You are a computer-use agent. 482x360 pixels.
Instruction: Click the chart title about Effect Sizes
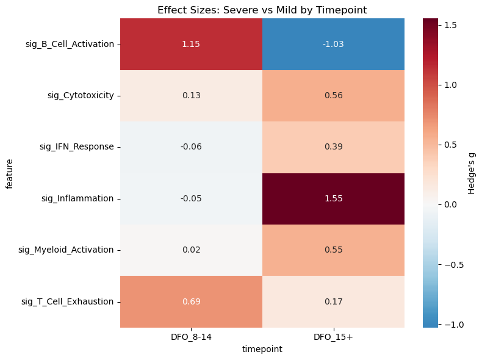pos(262,10)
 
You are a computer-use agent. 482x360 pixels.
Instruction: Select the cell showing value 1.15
pos(191,45)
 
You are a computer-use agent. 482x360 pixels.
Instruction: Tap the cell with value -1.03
pos(333,45)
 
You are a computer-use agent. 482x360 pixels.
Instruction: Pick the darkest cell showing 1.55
pos(333,198)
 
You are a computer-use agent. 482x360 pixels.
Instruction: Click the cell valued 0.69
pos(191,301)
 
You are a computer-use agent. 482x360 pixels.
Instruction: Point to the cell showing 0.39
pos(333,147)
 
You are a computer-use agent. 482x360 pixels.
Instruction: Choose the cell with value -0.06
pos(191,147)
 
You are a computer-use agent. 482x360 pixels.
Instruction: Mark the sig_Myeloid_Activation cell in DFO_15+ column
pos(333,250)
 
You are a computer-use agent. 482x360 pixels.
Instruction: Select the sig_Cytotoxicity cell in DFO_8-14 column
pos(191,96)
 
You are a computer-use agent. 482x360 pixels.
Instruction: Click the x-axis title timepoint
pos(262,349)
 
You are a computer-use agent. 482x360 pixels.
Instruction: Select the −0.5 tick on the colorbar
pos(455,265)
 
